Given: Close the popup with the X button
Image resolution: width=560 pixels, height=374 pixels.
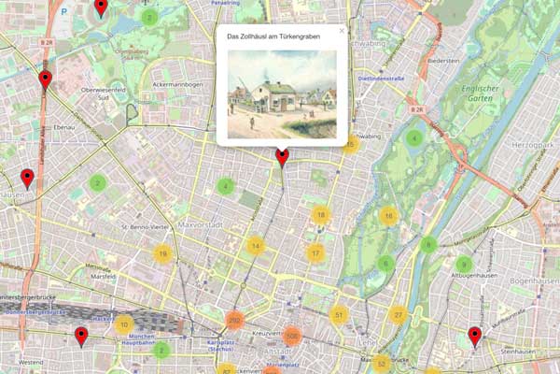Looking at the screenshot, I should tap(342, 31).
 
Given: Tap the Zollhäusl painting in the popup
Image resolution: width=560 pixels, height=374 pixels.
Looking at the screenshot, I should tap(281, 93).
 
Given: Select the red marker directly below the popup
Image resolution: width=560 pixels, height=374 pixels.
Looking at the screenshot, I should tap(282, 156).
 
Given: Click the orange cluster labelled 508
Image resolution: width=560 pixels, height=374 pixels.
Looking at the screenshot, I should tap(292, 336).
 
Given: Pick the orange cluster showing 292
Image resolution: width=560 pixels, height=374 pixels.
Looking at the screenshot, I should tap(234, 321).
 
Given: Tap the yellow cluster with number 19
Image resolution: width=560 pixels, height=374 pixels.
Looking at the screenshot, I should tap(162, 253).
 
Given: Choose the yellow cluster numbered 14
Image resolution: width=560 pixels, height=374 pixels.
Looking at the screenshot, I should tap(256, 247).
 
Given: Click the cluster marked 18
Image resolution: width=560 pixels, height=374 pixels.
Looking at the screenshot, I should tap(321, 216).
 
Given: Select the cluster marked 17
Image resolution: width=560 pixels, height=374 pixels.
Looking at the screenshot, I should tap(316, 253).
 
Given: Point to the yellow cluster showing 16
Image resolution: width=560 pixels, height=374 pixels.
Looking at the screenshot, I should tap(388, 217).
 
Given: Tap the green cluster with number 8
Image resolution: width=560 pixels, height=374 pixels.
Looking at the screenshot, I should tap(428, 246).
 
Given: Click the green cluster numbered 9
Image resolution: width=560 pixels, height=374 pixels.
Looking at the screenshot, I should tap(464, 265).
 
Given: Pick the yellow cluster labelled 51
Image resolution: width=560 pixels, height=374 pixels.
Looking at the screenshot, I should tap(339, 315).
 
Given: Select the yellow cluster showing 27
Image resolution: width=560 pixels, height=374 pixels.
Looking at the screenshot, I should tap(399, 315).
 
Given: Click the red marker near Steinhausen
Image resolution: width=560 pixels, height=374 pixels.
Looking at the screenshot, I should tap(474, 336).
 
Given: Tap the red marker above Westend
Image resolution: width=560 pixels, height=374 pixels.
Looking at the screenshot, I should tap(81, 336).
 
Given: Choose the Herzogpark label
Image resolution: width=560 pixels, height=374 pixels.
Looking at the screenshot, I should tap(533, 147).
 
